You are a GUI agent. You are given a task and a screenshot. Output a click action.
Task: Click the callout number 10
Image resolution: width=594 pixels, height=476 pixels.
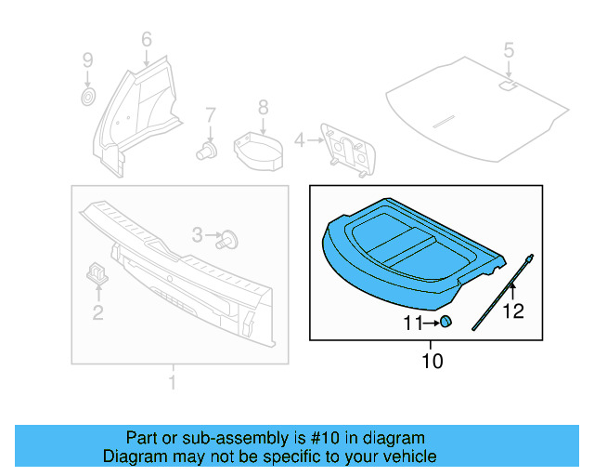click(433, 361)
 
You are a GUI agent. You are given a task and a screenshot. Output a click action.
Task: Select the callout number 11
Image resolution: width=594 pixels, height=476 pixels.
click(413, 324)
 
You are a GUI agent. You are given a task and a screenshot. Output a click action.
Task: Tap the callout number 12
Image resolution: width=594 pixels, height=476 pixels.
click(513, 311)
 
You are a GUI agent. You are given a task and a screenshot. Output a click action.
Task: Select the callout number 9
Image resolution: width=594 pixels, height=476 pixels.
click(88, 60)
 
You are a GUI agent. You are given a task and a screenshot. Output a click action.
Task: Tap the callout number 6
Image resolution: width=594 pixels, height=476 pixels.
click(146, 39)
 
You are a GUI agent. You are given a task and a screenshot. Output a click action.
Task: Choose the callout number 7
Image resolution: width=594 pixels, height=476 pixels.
click(211, 115)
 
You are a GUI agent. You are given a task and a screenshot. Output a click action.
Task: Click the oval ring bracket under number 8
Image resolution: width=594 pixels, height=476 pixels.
click(260, 149)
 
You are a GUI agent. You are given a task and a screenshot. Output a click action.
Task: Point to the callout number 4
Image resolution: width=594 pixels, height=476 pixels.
click(299, 140)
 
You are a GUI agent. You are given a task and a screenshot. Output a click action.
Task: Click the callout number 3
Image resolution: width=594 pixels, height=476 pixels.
click(197, 235)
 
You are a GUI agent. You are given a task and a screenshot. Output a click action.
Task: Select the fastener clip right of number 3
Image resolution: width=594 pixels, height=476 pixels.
click(228, 240)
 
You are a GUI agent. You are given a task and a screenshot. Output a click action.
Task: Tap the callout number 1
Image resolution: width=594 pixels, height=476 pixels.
click(171, 382)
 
